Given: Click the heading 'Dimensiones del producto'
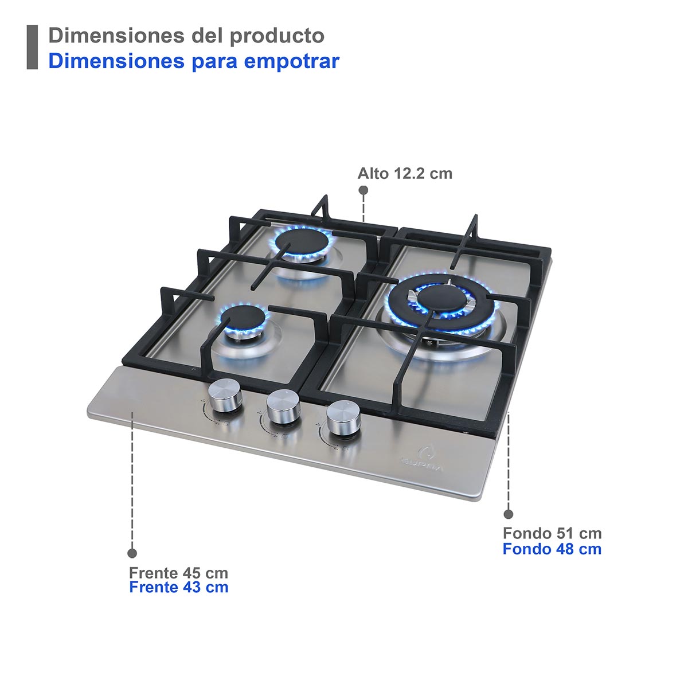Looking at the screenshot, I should [186, 36].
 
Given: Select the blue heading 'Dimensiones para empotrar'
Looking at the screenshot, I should [194, 60].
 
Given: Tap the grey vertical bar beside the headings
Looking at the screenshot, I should [32, 48].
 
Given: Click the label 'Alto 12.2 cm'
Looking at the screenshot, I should [405, 173].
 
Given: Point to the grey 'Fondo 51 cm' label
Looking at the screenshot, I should [552, 533].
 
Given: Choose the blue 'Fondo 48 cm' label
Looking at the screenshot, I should [552, 549].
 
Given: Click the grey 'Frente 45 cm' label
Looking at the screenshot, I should [178, 573].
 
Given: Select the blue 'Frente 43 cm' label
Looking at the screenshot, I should [178, 587].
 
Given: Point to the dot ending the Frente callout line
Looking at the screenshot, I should [132, 553].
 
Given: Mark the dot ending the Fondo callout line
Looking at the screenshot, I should [508, 514].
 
